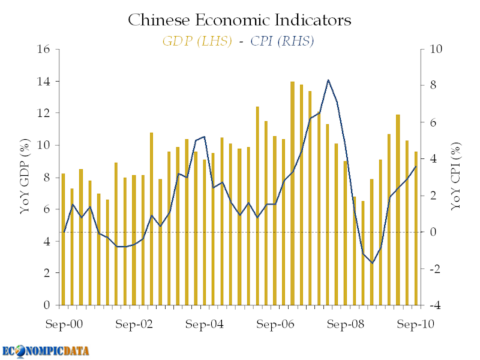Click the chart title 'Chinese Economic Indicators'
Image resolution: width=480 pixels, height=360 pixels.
pyautogui.click(x=239, y=20)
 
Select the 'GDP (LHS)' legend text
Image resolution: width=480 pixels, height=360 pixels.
pyautogui.click(x=197, y=41)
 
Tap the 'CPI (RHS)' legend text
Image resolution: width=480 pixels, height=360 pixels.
pyautogui.click(x=282, y=41)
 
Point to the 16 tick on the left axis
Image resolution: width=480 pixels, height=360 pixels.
pyautogui.click(x=43, y=49)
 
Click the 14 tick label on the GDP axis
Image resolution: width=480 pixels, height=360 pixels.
pyautogui.click(x=43, y=82)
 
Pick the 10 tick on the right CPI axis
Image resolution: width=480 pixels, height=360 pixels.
pyautogui.click(x=436, y=49)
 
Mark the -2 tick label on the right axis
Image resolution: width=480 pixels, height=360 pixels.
pyautogui.click(x=434, y=269)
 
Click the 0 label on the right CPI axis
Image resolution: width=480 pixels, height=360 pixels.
pyautogui.click(x=433, y=232)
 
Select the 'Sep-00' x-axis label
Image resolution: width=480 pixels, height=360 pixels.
pyautogui.click(x=64, y=324)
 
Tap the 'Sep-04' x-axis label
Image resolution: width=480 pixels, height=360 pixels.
pyautogui.click(x=205, y=324)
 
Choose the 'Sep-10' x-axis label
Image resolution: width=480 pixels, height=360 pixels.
pyautogui.click(x=415, y=324)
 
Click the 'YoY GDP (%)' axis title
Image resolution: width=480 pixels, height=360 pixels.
pyautogui.click(x=25, y=176)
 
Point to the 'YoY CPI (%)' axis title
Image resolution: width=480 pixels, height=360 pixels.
pyautogui.click(x=455, y=176)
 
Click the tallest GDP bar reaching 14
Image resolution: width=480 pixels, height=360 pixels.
pyautogui.click(x=292, y=193)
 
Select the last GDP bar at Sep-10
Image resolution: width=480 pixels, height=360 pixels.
pyautogui.click(x=416, y=229)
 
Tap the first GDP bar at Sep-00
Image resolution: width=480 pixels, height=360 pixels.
pyautogui.click(x=64, y=239)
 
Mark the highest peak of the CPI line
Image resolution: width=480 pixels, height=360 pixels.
pyautogui.click(x=328, y=80)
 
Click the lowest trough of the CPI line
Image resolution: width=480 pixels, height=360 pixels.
pyautogui.click(x=372, y=263)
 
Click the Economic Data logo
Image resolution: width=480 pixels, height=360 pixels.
pyautogui.click(x=46, y=352)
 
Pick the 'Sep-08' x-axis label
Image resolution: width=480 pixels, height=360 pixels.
pyautogui.click(x=346, y=324)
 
